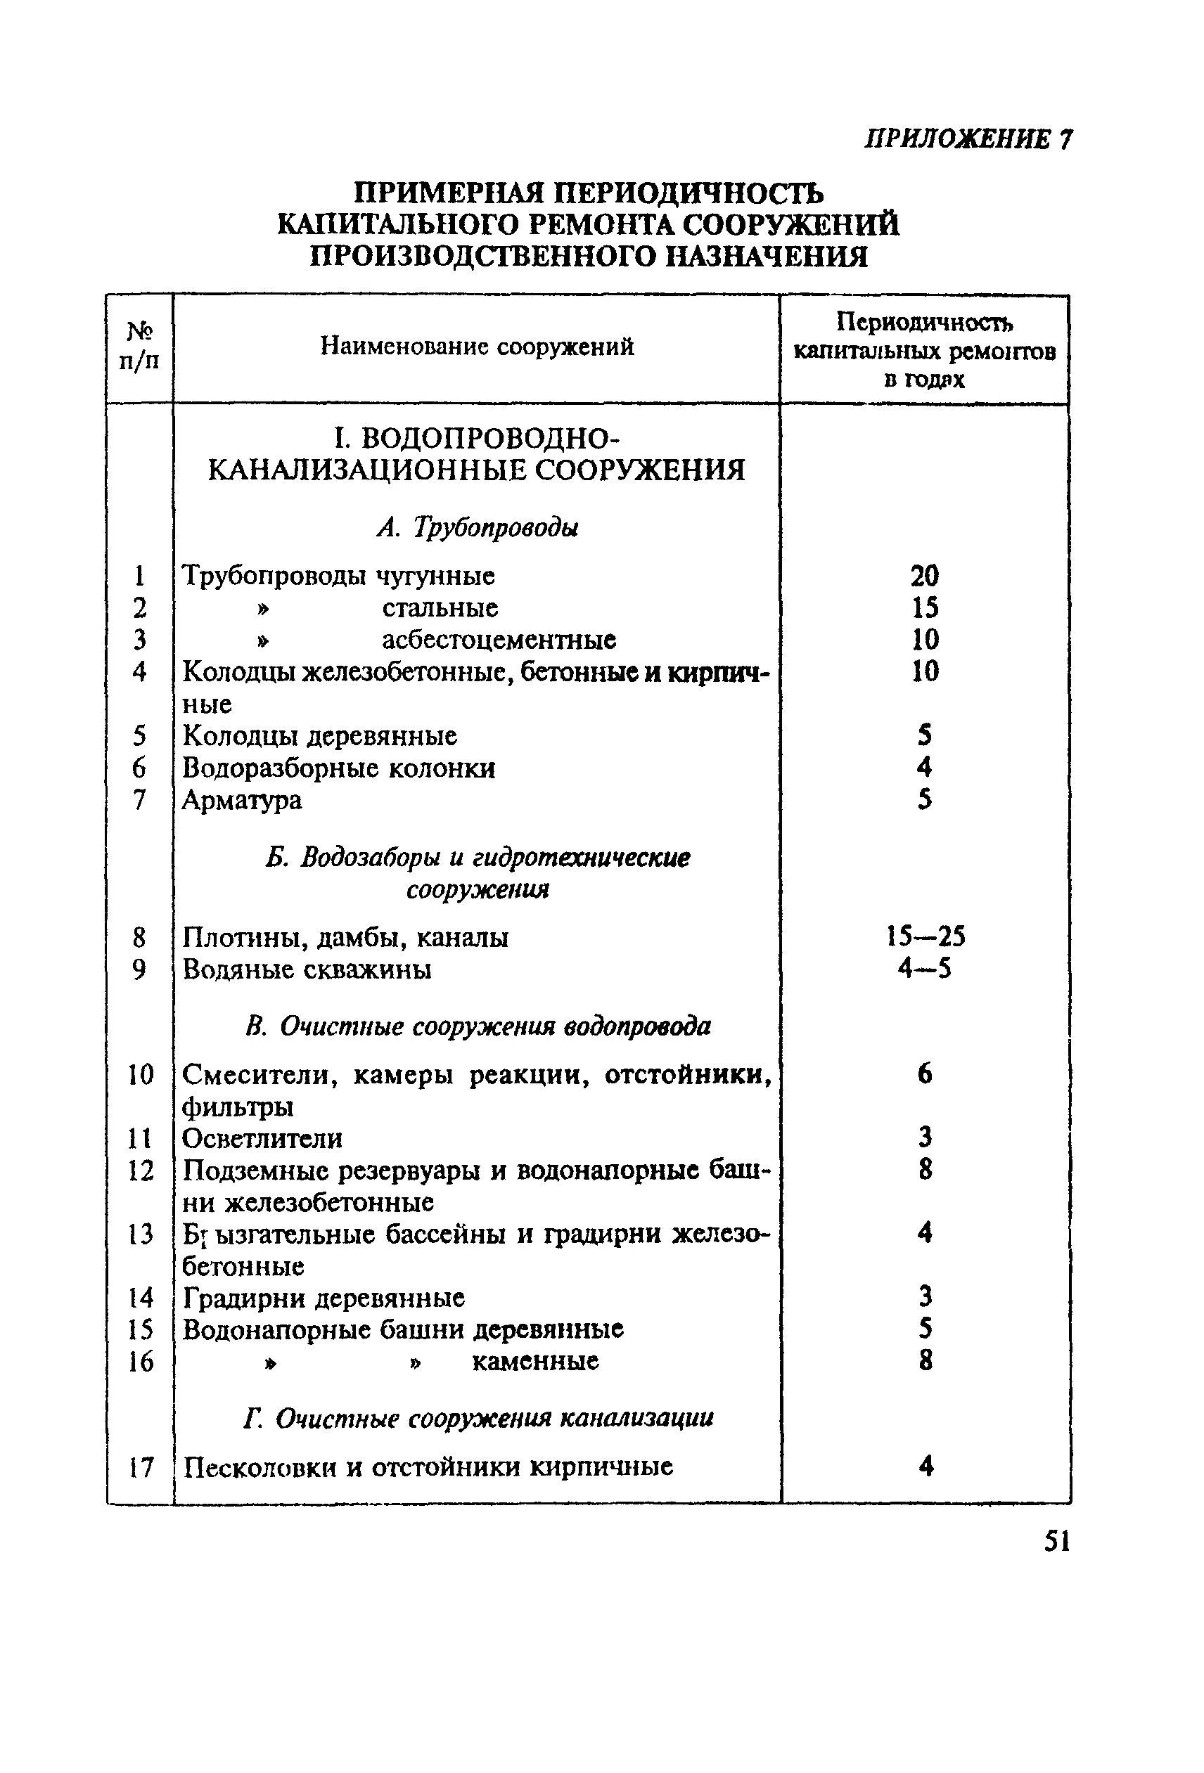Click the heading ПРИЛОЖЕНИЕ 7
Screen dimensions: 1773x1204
click(968, 139)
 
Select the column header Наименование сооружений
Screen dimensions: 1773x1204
click(476, 347)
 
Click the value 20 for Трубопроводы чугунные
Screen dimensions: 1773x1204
click(924, 575)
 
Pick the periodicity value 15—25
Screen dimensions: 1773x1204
click(925, 936)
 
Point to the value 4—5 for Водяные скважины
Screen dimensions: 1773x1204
click(924, 969)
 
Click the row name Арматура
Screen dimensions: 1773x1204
click(242, 799)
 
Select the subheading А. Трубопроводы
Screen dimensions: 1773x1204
click(478, 527)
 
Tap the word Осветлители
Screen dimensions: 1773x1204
click(262, 1138)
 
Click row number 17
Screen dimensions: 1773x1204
click(141, 1466)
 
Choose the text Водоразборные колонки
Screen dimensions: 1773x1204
click(339, 768)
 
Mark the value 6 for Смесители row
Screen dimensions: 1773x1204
click(925, 1074)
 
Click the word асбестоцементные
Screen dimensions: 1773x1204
click(499, 639)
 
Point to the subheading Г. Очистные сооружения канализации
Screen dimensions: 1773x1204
click(479, 1417)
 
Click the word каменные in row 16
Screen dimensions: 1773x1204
click(535, 1361)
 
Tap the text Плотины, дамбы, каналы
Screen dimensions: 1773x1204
click(345, 937)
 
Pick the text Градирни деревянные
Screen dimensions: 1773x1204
click(324, 1297)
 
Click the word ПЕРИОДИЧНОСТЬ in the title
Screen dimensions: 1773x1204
click(688, 194)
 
